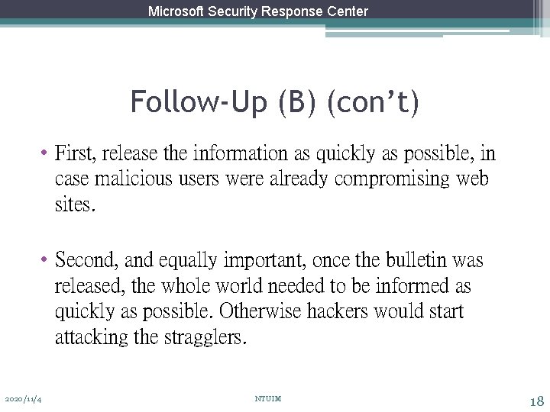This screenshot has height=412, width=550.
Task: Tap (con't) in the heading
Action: pyautogui.click(x=373, y=101)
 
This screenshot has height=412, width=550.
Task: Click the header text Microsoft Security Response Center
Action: pyautogui.click(x=258, y=11)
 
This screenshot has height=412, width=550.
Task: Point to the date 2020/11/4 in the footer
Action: pyautogui.click(x=23, y=399)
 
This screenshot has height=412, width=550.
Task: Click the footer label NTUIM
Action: pyautogui.click(x=268, y=399)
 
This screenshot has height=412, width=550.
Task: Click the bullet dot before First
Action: pyautogui.click(x=46, y=154)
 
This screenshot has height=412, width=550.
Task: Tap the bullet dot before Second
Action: pyautogui.click(x=46, y=261)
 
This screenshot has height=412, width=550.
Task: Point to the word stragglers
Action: pyautogui.click(x=205, y=337)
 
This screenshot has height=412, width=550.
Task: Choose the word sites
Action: pyautogui.click(x=75, y=205)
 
